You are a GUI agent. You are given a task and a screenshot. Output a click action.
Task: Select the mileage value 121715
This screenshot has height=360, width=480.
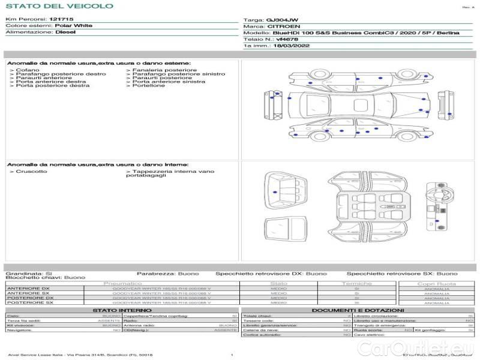[62, 19]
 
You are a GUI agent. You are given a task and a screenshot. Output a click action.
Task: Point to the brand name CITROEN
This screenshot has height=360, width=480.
[280, 27]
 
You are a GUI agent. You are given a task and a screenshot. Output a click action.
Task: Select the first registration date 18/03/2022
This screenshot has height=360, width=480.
[291, 45]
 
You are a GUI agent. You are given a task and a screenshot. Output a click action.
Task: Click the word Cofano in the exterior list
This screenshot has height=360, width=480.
[28, 70]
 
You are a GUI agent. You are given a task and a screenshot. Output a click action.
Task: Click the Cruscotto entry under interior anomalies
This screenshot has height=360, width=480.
[31, 172]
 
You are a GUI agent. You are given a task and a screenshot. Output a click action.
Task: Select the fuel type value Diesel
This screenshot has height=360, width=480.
[65, 32]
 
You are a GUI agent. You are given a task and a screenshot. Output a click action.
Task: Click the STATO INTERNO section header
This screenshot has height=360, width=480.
[122, 310]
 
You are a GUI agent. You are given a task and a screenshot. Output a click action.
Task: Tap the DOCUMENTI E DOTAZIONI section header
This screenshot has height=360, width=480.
[357, 310]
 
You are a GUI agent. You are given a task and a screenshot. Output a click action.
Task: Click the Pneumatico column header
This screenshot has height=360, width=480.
[123, 283]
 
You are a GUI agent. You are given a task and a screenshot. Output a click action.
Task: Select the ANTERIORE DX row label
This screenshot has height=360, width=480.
[28, 289]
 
